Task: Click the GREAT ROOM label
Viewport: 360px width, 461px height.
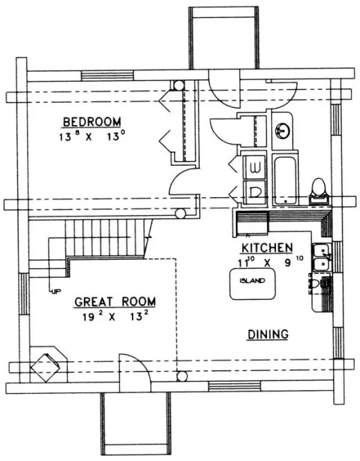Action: (x=115, y=302)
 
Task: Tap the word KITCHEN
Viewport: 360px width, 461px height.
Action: (x=266, y=249)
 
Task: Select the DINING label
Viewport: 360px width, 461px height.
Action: (x=268, y=335)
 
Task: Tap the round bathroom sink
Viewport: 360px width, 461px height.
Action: (x=284, y=129)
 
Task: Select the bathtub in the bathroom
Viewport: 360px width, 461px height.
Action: (x=284, y=180)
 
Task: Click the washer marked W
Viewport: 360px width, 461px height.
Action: (x=254, y=167)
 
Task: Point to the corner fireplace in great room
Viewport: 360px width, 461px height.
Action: (x=49, y=363)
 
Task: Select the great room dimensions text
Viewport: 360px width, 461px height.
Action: (x=115, y=319)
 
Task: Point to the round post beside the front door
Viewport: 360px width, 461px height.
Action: (x=182, y=377)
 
